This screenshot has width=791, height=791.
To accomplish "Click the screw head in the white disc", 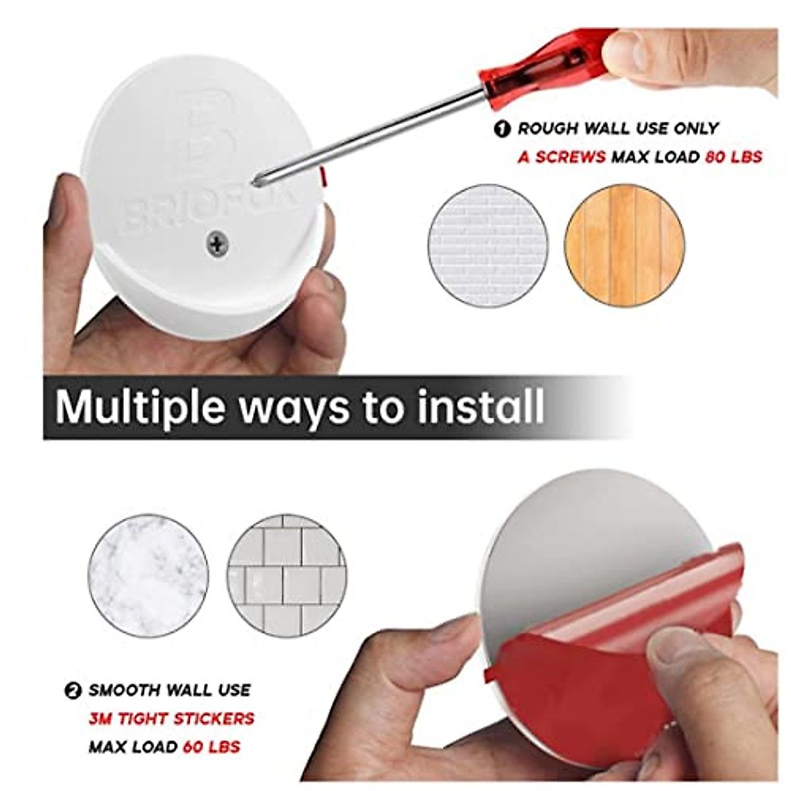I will [217, 243].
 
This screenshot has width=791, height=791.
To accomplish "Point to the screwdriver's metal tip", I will [258, 179].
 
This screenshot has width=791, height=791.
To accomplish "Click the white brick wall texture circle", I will [488, 245].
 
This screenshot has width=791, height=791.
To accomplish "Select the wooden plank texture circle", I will [624, 245].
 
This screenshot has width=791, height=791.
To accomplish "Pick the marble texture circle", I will [148, 575].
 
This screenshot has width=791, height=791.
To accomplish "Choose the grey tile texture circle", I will [287, 575].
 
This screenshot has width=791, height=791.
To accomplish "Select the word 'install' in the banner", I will [481, 407].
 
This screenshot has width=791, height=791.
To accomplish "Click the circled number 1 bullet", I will [502, 129].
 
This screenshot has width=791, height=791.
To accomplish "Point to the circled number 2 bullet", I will [73, 691].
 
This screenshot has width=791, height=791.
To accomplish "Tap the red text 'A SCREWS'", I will [562, 157].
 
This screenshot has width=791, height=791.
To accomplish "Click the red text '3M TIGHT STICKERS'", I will [171, 718].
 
